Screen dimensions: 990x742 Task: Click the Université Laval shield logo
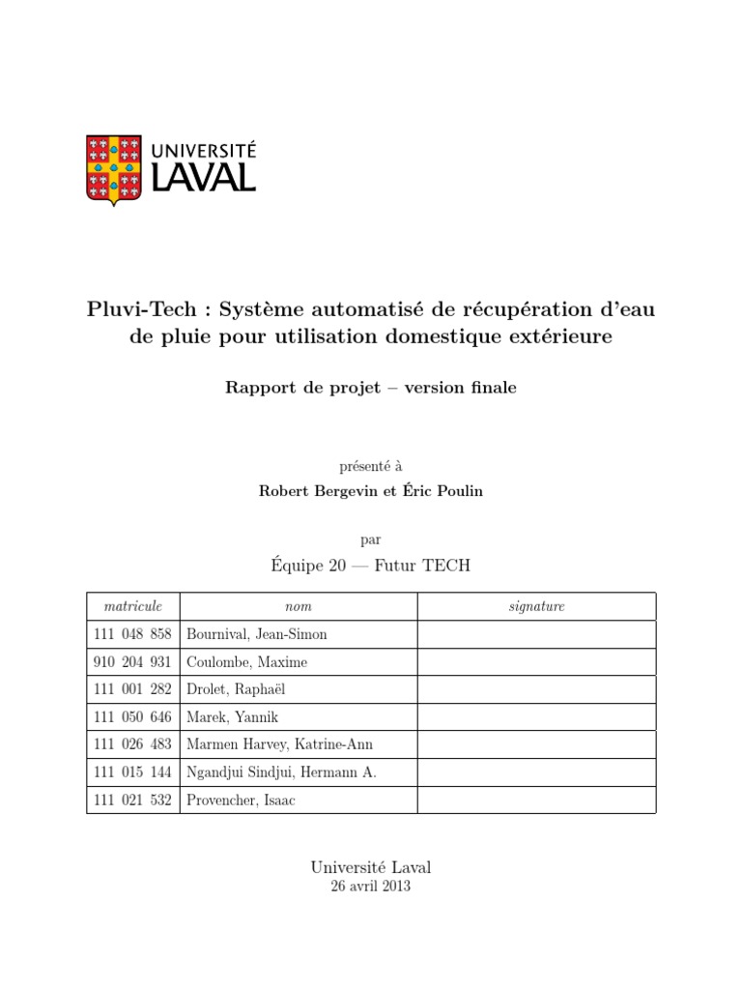click(114, 168)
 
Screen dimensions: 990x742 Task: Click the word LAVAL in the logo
click(200, 177)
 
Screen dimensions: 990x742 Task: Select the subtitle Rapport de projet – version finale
click(371, 388)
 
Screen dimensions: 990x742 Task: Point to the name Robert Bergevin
click(315, 491)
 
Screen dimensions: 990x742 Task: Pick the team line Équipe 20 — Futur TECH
click(371, 565)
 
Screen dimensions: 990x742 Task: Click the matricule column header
click(132, 606)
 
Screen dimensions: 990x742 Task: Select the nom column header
click(299, 606)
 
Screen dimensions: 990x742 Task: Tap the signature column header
click(536, 606)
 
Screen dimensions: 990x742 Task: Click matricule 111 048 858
click(132, 634)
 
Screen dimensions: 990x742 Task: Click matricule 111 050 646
click(132, 717)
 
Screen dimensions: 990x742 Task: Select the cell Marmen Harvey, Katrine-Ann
click(280, 744)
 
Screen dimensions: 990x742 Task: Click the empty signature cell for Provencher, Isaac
click(536, 800)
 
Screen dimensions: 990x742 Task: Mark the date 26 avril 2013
click(371, 887)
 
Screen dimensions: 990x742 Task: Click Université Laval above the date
click(371, 867)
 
